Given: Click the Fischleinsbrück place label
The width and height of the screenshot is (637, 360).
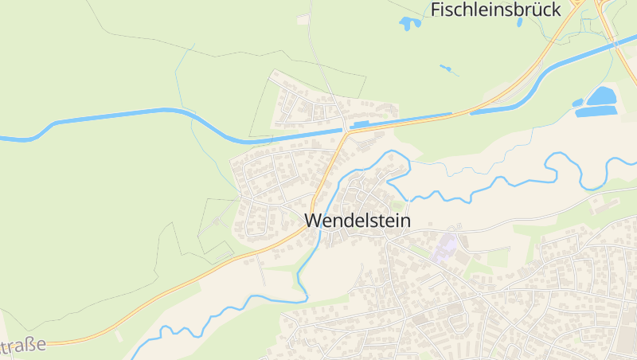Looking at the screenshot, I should pos(496,10).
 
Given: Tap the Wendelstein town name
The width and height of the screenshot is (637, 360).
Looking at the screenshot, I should pos(358,221).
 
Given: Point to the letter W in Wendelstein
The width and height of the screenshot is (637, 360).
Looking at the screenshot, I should pos(313,221).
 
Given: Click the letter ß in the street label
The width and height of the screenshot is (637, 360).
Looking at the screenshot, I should pos(31,346).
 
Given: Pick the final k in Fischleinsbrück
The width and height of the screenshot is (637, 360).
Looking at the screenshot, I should pos(555,10).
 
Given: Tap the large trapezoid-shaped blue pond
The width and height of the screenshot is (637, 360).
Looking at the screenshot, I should pos(602,96).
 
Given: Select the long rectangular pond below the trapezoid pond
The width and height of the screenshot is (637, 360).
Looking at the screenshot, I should pos(596,112).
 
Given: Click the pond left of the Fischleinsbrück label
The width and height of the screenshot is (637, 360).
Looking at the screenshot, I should pos(410,23).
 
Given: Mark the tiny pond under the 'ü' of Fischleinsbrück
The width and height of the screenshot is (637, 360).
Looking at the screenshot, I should pos(520,22).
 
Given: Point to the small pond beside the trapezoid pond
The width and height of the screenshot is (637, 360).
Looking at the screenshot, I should pos(577,103).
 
